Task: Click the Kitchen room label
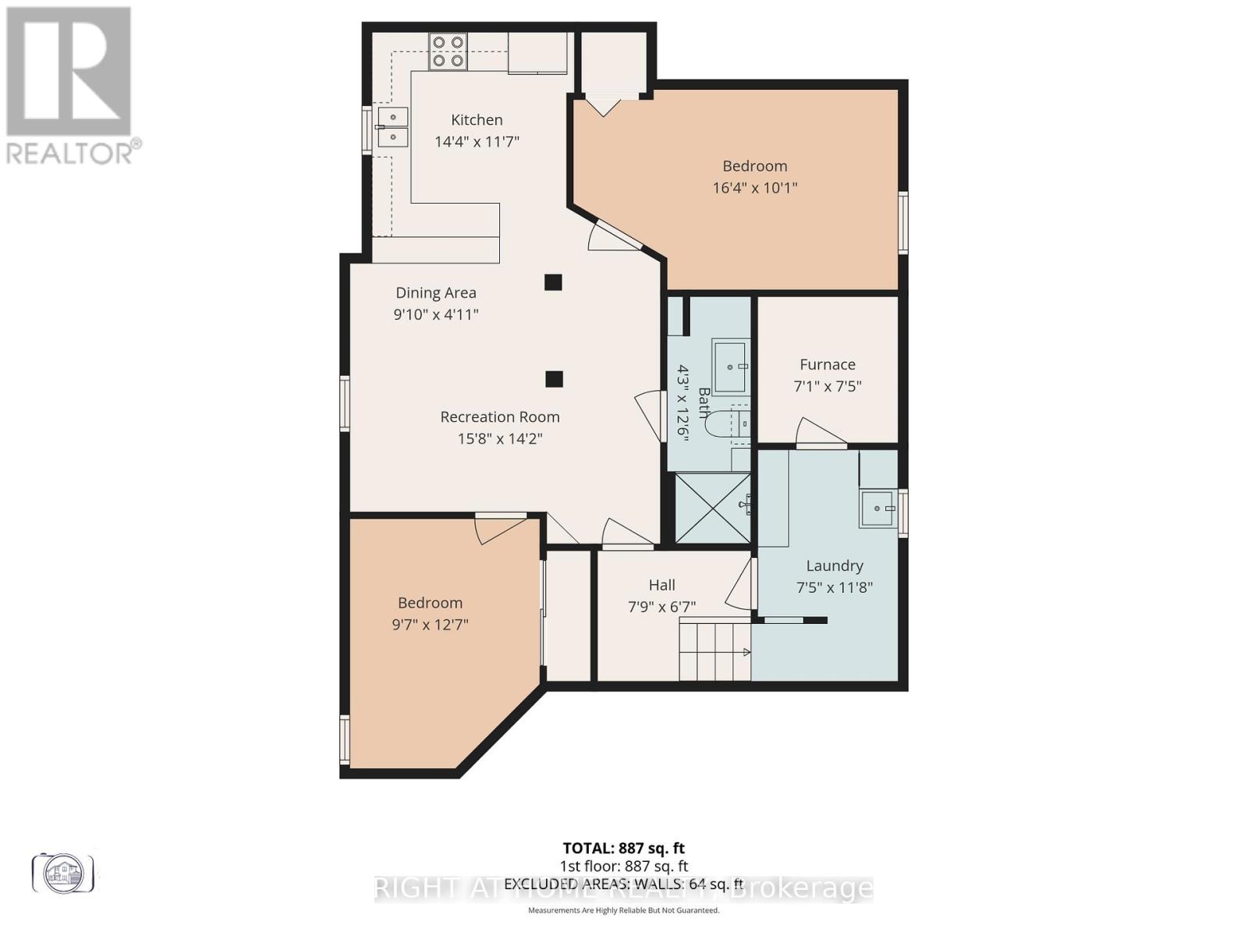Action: (477, 120)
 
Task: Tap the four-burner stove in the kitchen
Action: (448, 51)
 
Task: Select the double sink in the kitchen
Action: (393, 127)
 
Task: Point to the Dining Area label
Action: (435, 293)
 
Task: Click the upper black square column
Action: (553, 282)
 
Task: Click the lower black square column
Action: (554, 379)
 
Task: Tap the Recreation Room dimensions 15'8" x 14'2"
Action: (499, 439)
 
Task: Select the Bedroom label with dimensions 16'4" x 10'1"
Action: (754, 166)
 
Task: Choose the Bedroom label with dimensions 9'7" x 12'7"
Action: (430, 603)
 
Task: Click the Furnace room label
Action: (827, 365)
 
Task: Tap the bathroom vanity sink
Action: (731, 366)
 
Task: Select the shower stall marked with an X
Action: (711, 508)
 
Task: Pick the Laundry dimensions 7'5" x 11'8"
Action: (834, 587)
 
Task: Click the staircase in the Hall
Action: (714, 649)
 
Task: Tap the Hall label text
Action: (661, 585)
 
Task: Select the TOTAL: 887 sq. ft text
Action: (623, 848)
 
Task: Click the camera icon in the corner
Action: (62, 872)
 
